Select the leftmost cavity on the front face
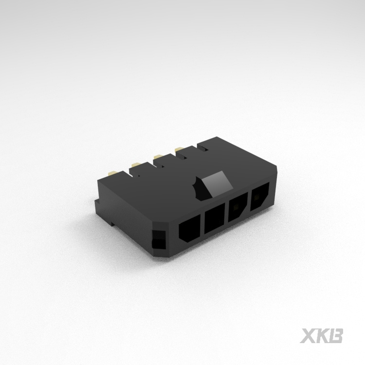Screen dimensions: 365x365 click(190, 230)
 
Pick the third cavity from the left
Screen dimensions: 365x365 click(237, 208)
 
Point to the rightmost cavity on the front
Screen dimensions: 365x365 click(259, 198)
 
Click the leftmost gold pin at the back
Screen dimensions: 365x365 click(111, 172)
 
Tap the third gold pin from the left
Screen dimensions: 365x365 click(158, 156)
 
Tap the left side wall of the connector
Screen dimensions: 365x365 click(122, 209)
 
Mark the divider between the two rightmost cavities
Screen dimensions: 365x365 click(248, 201)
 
